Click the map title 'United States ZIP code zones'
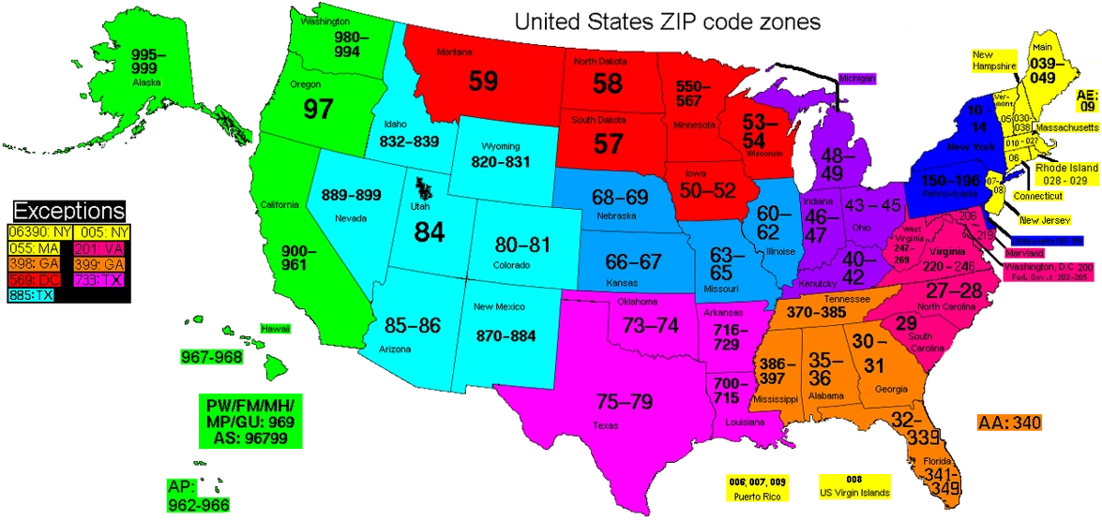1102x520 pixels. (669, 21)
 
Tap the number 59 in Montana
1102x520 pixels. (483, 82)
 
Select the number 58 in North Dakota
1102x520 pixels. (608, 83)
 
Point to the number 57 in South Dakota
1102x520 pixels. (609, 143)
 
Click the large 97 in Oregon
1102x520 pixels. (318, 108)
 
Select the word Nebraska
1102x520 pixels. (616, 215)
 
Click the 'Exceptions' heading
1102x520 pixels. (68, 211)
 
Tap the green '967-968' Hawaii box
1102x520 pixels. (212, 357)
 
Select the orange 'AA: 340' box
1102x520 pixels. (1008, 423)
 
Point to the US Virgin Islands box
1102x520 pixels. (853, 486)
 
